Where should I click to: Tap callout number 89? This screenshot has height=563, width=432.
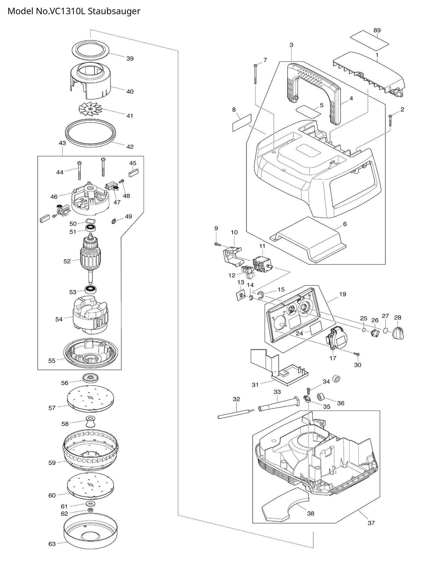[x=377, y=31]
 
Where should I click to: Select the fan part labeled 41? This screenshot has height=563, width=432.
[x=90, y=109]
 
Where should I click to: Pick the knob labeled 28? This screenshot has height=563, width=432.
[x=398, y=333]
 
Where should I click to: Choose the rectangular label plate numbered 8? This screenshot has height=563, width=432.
[x=242, y=122]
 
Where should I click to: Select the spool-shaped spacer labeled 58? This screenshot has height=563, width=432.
[x=91, y=422]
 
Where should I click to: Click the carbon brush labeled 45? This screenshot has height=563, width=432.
[x=133, y=173]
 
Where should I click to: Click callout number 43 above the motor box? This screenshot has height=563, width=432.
[x=62, y=143]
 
